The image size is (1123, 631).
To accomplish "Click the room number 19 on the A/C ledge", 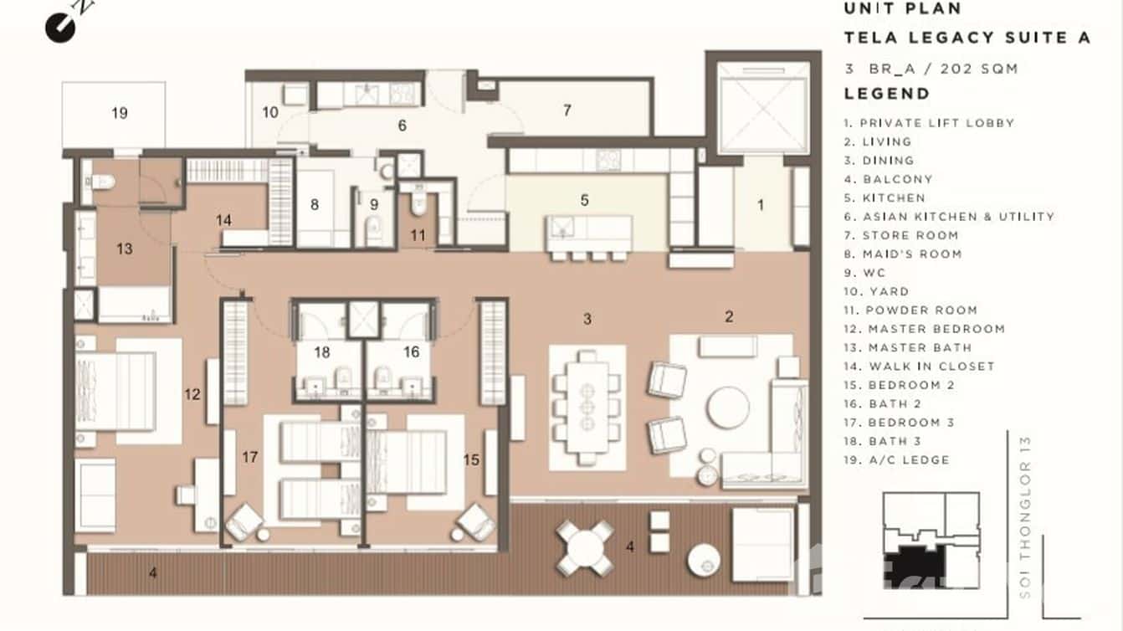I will (120, 113).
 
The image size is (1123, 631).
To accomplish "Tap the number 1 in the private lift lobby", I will (761, 204).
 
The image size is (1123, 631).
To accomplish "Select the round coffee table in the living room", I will (728, 408).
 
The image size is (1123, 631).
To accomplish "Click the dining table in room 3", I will (587, 408).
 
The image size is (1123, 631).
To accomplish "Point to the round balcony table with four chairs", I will (585, 548).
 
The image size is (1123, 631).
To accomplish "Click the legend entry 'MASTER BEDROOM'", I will (936, 329).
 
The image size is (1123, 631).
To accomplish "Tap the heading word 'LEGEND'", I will (886, 94).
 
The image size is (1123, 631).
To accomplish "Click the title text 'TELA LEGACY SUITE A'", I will (967, 38).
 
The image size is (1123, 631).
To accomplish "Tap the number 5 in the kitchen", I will (584, 200).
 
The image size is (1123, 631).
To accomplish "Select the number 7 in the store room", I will (567, 110).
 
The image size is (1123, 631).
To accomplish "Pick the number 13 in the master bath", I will (125, 249).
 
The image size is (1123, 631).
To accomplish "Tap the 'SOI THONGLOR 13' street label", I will (1027, 517).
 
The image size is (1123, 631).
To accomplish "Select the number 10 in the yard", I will (269, 112).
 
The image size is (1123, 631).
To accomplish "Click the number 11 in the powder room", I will (418, 236).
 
